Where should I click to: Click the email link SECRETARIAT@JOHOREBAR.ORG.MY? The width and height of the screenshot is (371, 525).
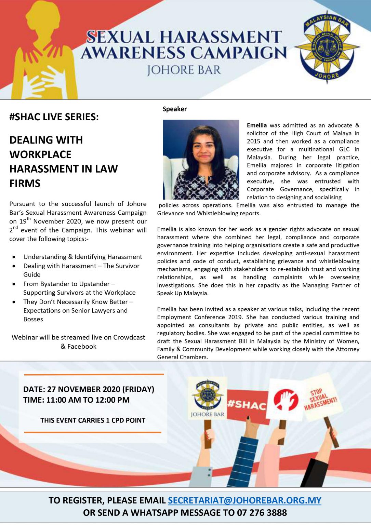pyautogui.click(x=244, y=500)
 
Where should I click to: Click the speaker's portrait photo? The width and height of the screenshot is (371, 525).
pyautogui.click(x=201, y=159)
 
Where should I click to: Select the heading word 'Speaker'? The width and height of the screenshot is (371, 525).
pyautogui.click(x=175, y=109)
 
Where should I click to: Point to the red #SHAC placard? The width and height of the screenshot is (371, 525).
pyautogui.click(x=247, y=405)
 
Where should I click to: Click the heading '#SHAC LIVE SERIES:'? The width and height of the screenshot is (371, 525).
pyautogui.click(x=54, y=117)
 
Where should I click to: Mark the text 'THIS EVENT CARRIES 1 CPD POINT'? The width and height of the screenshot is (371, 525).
pyautogui.click(x=93, y=420)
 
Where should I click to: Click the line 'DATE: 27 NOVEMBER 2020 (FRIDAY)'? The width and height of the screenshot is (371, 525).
pyautogui.click(x=89, y=389)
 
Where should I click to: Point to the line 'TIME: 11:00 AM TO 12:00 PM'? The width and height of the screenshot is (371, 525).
pyautogui.click(x=76, y=400)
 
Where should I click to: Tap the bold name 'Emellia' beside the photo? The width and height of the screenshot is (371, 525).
pyautogui.click(x=257, y=125)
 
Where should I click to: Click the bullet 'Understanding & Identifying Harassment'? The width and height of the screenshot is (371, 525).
pyautogui.click(x=83, y=257)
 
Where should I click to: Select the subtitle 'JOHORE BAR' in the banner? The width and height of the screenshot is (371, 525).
pyautogui.click(x=184, y=70)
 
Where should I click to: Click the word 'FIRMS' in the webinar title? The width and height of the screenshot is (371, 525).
pyautogui.click(x=25, y=183)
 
